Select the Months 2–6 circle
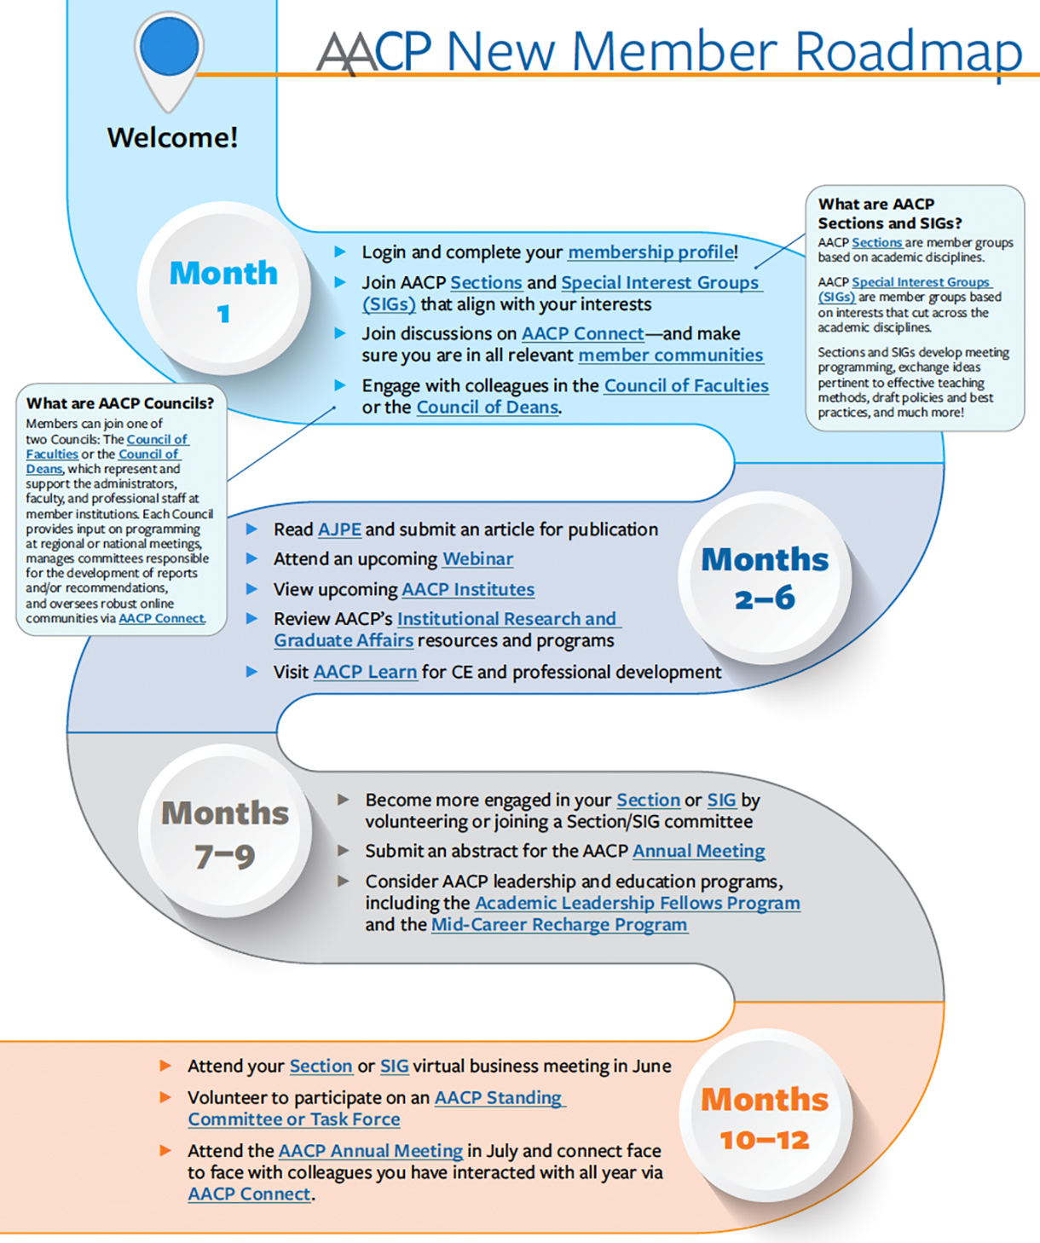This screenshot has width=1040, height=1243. (x=765, y=578)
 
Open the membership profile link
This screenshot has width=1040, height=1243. (x=650, y=252)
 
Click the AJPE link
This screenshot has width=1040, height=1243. (x=339, y=529)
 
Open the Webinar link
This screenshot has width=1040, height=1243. (x=477, y=559)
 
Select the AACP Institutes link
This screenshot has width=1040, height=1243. (x=468, y=589)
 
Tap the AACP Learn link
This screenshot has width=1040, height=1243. (x=365, y=672)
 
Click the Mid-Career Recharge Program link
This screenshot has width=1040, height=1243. (x=558, y=925)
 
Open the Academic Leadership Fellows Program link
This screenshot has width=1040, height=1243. (x=637, y=903)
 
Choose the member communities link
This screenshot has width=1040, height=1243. (x=670, y=356)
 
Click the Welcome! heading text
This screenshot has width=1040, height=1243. (x=172, y=137)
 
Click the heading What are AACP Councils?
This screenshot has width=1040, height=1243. (x=120, y=403)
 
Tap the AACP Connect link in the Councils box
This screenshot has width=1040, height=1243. (x=161, y=618)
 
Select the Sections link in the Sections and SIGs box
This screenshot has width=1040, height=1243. (x=876, y=243)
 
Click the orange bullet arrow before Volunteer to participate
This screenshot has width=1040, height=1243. (x=165, y=1097)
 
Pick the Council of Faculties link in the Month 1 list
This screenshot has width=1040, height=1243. (x=685, y=385)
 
